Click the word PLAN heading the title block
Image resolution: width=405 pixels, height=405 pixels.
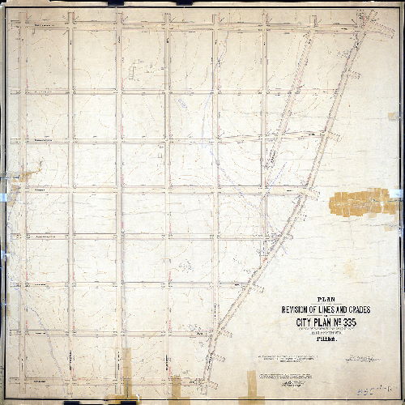326,298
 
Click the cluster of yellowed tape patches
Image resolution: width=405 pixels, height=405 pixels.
356,202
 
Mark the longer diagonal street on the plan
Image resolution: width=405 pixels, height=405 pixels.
275,202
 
